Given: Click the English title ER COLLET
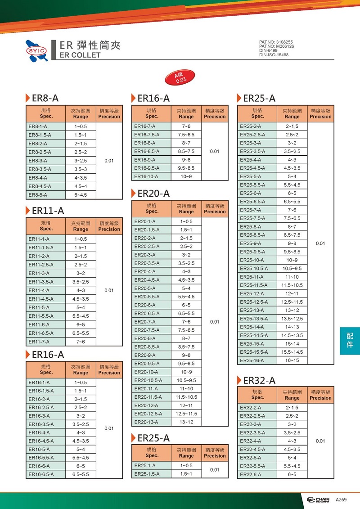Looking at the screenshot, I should [80, 55].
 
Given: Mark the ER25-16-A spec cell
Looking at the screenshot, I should [252, 360].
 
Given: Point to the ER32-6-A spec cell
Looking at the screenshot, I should [250, 474].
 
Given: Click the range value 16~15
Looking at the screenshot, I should [292, 360].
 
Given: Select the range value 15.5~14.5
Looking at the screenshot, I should [292, 352].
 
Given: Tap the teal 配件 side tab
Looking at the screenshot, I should [350, 341].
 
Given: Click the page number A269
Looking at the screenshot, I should [341, 500].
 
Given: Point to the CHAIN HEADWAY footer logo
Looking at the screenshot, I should [318, 500].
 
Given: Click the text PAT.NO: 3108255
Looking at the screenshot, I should [276, 42].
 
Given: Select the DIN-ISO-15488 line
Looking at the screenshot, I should [274, 55].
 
